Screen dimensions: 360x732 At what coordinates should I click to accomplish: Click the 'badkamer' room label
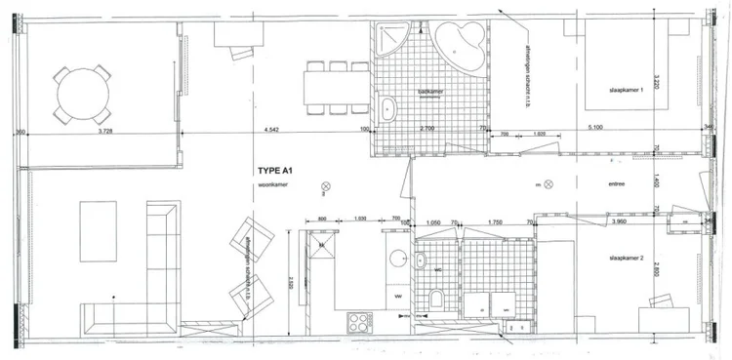coord(429,91)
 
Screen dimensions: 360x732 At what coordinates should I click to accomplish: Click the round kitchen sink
coord(397,259)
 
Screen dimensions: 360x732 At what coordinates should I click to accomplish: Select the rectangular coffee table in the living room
coord(98,231)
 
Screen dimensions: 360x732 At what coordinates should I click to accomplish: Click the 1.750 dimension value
coord(495,222)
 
